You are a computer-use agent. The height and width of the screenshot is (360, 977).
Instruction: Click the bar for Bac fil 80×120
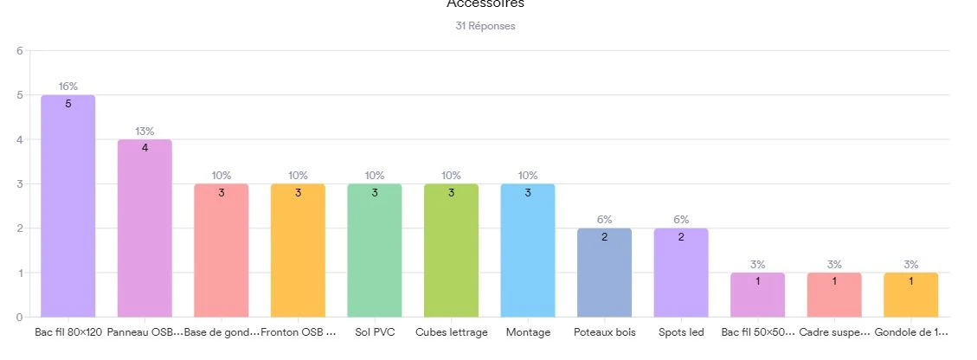click(68, 208)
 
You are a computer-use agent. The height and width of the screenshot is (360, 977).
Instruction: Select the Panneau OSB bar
click(145, 229)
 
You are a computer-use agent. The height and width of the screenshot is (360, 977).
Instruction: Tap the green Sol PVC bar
click(375, 251)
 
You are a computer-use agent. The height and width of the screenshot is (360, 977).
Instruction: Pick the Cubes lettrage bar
click(451, 251)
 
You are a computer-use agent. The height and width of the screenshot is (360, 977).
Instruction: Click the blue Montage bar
click(528, 251)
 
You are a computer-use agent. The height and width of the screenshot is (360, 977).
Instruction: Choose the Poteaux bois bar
click(604, 273)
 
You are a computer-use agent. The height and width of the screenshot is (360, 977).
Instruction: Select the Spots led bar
click(681, 273)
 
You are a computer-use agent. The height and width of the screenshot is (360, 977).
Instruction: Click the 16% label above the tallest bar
click(68, 87)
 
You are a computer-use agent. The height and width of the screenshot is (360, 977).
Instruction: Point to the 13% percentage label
click(145, 132)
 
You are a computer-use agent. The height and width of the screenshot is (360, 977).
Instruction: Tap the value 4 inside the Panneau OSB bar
click(145, 147)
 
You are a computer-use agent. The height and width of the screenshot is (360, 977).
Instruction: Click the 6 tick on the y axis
click(19, 50)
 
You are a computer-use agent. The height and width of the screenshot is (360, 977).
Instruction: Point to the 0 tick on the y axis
click(19, 317)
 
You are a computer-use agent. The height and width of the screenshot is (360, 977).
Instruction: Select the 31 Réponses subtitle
click(485, 26)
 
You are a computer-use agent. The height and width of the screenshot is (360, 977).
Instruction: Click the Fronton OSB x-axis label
click(298, 332)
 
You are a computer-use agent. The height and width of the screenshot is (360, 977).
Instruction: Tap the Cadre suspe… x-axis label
click(834, 332)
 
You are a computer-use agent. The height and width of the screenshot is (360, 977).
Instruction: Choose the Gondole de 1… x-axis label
click(911, 332)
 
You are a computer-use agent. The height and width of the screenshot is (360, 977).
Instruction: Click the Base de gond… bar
click(222, 251)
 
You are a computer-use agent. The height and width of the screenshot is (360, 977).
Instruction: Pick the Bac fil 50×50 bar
click(758, 295)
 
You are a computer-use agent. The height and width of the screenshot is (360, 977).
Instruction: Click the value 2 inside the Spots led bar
click(681, 236)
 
